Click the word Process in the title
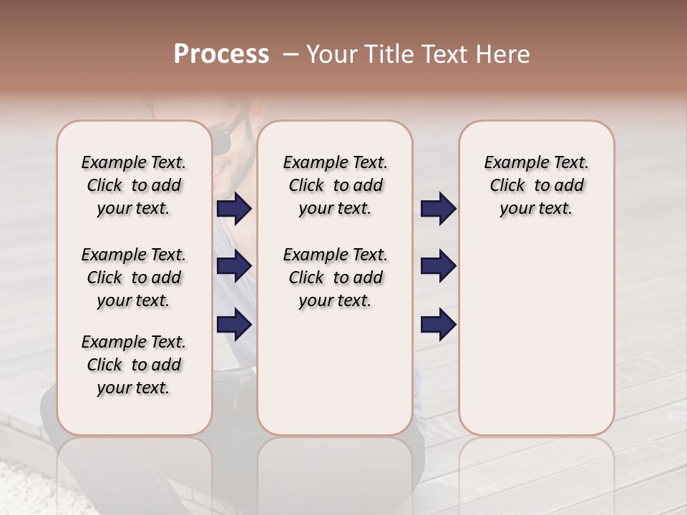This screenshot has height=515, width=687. [221, 54]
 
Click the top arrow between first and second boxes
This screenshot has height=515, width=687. [234, 208]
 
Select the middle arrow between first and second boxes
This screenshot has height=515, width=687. [234, 266]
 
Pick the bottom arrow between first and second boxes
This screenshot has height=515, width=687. [234, 325]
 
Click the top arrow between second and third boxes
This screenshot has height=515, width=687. [438, 208]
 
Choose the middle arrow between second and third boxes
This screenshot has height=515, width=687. [438, 266]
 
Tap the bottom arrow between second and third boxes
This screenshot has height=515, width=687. [438, 325]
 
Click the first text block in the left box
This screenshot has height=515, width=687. [134, 185]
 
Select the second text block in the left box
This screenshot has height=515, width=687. [134, 278]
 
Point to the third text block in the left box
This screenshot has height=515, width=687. [134, 365]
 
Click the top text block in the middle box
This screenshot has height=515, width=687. [335, 185]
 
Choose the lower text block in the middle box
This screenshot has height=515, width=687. [335, 278]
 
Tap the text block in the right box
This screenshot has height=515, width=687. [536, 185]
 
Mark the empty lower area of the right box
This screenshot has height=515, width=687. [536, 336]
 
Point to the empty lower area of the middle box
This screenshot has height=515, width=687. [335, 372]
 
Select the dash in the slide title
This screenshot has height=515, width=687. [290, 54]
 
